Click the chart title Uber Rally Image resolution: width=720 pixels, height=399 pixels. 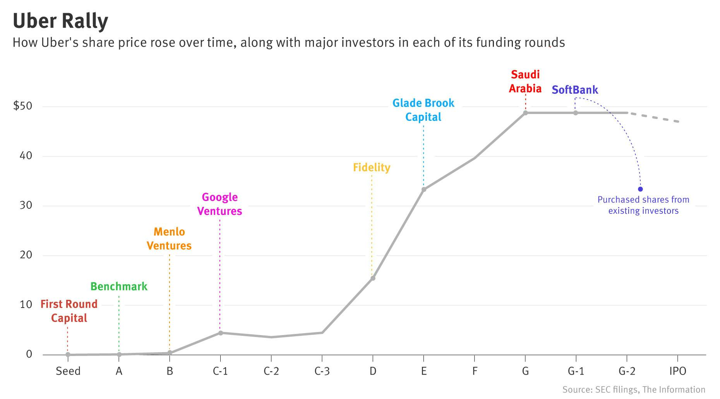(x=60, y=21)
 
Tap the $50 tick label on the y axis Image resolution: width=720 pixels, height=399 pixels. (x=22, y=106)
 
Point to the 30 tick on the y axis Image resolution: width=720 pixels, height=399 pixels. (x=26, y=205)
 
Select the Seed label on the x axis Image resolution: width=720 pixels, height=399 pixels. (x=68, y=371)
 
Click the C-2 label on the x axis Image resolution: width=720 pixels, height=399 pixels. (x=271, y=371)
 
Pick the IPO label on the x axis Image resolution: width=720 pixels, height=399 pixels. (x=677, y=371)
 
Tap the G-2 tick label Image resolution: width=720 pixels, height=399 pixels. (x=627, y=371)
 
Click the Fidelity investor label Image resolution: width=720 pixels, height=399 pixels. (x=372, y=167)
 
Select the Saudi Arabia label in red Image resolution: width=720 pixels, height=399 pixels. (x=525, y=81)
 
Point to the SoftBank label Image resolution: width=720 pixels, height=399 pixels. (x=575, y=90)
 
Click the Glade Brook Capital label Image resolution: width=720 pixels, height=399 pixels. (x=423, y=110)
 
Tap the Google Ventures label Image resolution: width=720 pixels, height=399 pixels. (x=219, y=204)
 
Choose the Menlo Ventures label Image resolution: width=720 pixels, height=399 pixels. (x=169, y=239)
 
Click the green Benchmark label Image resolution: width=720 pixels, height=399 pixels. (x=119, y=287)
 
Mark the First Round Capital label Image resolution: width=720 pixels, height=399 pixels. (x=69, y=311)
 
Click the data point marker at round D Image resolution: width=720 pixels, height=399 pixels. (x=373, y=278)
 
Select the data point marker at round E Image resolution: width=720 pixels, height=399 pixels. (x=424, y=189)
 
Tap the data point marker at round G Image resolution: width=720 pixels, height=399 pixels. (x=525, y=113)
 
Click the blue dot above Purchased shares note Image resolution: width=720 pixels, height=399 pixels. (x=640, y=189)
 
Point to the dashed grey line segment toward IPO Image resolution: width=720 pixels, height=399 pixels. (x=654, y=117)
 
